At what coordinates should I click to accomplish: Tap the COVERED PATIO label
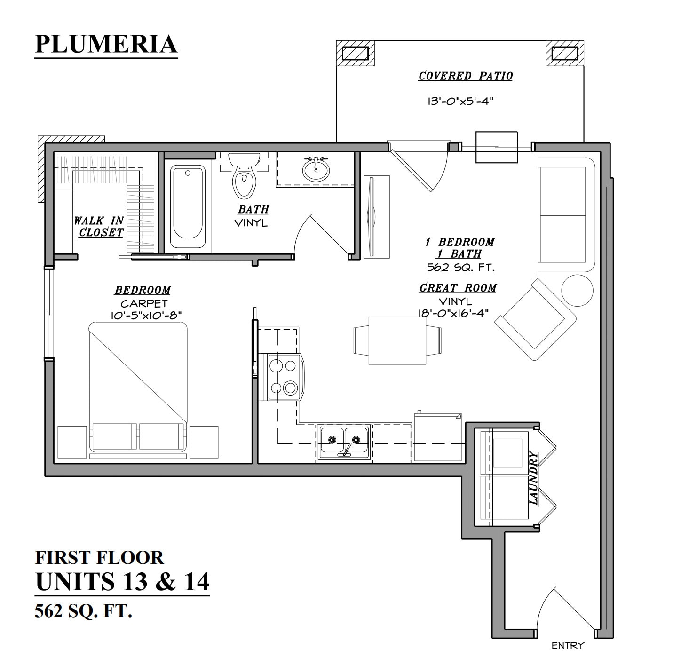(x=465, y=76)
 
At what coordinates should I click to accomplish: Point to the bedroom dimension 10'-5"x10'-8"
(x=146, y=315)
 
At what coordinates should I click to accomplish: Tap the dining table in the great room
(x=397, y=340)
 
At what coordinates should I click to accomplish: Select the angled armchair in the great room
(x=535, y=319)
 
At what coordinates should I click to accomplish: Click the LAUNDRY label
(x=534, y=478)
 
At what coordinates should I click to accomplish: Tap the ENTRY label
(x=568, y=646)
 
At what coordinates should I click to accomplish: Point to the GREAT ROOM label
(x=458, y=288)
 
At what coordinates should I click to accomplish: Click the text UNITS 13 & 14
(x=122, y=581)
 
